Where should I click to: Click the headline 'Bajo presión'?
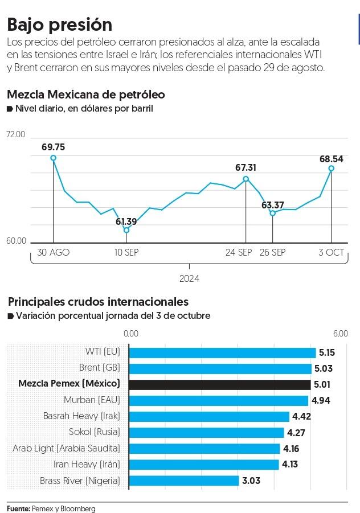coord(59,24)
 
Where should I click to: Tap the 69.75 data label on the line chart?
coord(53,147)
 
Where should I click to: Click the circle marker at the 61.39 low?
coord(126,230)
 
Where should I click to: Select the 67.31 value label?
coord(246,167)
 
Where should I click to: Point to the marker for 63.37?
coord(272,213)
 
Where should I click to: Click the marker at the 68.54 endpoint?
coord(331,169)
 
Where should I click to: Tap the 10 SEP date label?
coord(126,252)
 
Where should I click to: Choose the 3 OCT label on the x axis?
coord(331,252)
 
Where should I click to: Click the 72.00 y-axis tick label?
coord(16,135)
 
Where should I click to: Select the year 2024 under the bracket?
coord(189,279)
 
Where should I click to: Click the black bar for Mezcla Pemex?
coord(220,384)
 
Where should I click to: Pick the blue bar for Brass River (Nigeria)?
coord(184,481)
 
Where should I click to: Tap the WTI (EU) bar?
coord(222,352)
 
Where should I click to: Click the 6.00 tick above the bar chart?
coord(340,334)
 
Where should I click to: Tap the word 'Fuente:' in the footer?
coord(18,508)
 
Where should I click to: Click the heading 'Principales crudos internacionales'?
coord(97,302)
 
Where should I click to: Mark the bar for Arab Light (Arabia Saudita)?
coord(204,449)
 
